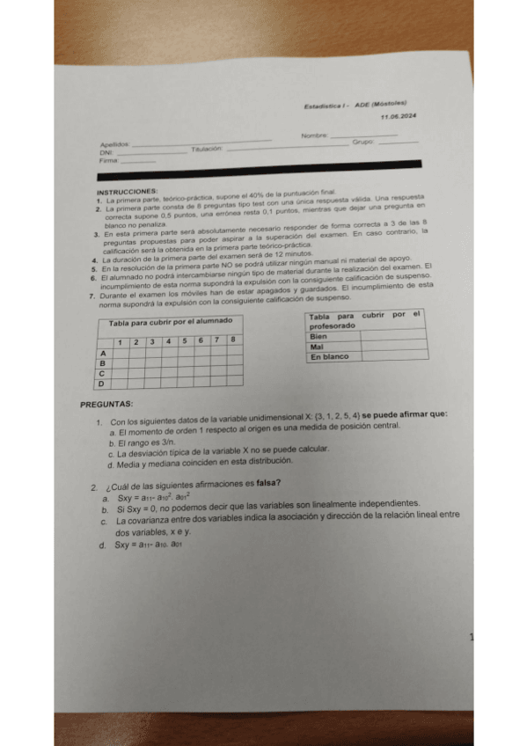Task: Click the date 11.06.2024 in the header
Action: pyautogui.click(x=399, y=117)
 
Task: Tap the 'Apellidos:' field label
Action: pyautogui.click(x=115, y=144)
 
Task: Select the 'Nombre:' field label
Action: pyautogui.click(x=314, y=135)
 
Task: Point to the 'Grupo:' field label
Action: pyautogui.click(x=363, y=142)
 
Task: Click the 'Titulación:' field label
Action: pyautogui.click(x=207, y=150)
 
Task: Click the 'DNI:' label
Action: pyautogui.click(x=106, y=153)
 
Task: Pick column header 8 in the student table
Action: pyautogui.click(x=232, y=340)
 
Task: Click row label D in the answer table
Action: pyautogui.click(x=100, y=384)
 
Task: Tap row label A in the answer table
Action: pyautogui.click(x=101, y=351)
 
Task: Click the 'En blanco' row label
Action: pyautogui.click(x=330, y=356)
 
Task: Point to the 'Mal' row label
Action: pyautogui.click(x=318, y=347)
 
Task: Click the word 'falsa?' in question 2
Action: pyautogui.click(x=268, y=482)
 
